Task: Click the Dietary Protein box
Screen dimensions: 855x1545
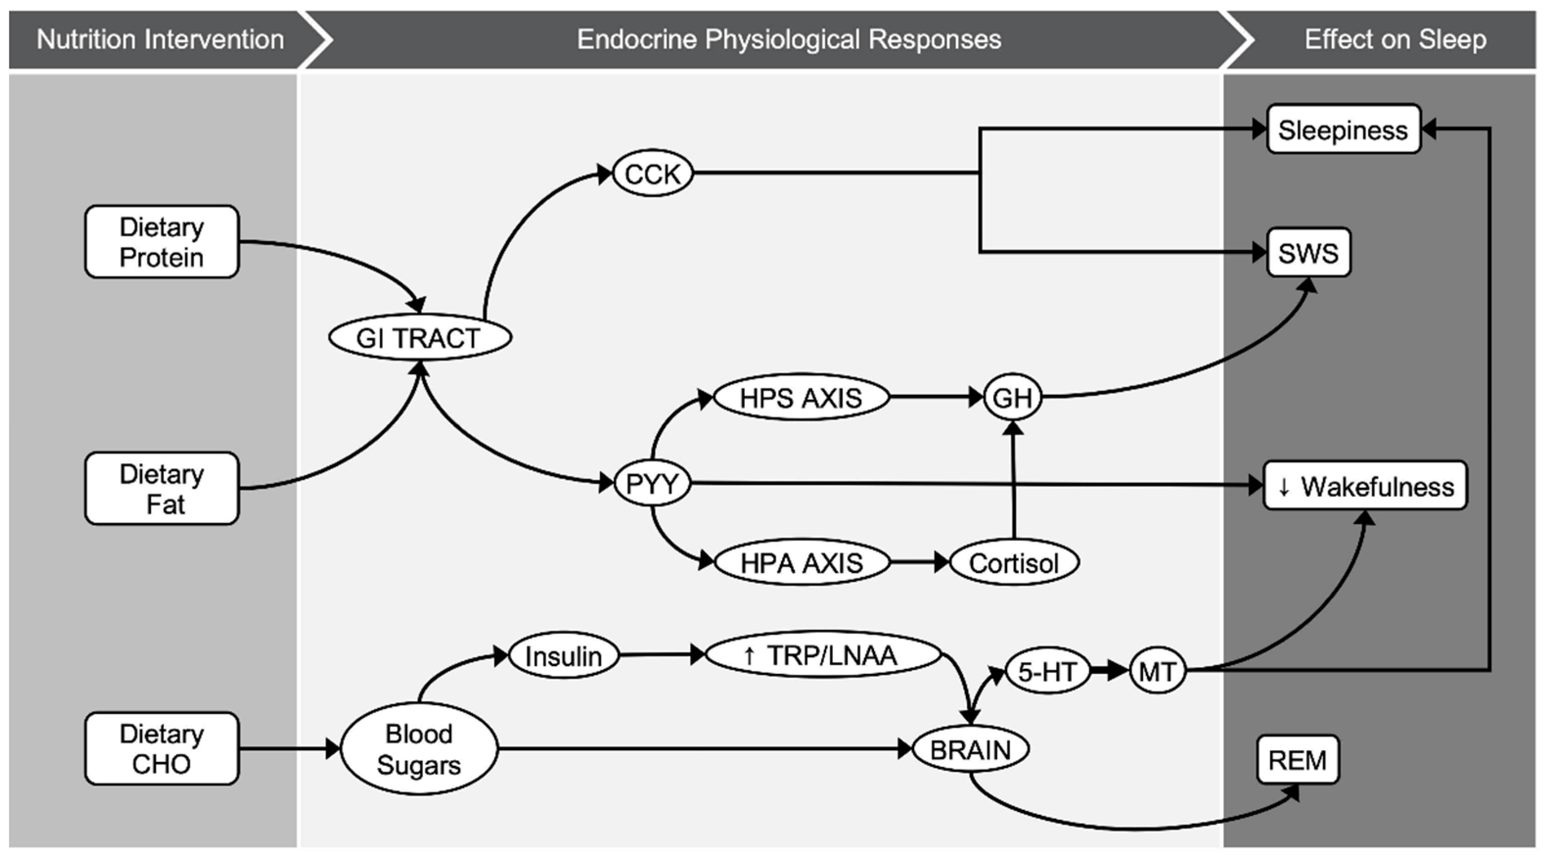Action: (161, 242)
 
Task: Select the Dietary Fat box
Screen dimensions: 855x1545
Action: (161, 488)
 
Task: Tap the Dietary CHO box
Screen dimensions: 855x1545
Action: (161, 748)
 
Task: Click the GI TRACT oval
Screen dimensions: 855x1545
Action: (419, 337)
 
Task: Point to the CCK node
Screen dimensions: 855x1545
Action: (652, 173)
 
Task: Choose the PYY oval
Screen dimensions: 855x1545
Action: (652, 483)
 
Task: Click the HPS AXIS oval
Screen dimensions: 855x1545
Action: (801, 397)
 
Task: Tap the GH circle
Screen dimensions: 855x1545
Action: (1012, 397)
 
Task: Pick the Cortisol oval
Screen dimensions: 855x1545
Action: (1013, 563)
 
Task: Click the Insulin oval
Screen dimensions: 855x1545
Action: (563, 655)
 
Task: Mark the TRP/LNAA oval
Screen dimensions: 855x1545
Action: (823, 655)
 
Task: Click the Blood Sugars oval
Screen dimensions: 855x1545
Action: (419, 749)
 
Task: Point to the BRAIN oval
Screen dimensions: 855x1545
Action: (970, 749)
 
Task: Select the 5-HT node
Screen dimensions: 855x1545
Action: (1047, 671)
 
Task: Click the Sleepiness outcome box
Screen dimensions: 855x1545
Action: (1343, 130)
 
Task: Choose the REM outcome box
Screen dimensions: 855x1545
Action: (1298, 760)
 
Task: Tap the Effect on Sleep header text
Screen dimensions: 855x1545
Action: (1395, 40)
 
